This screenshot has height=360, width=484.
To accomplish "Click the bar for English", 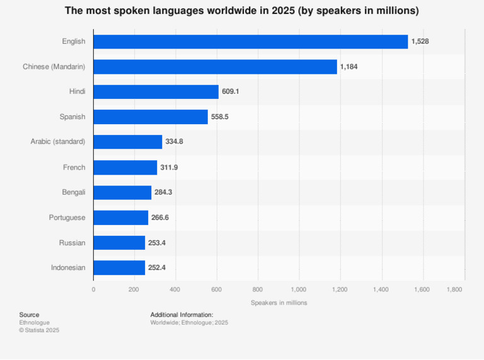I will click(x=251, y=42).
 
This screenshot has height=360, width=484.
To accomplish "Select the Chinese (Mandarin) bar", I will click(x=215, y=67).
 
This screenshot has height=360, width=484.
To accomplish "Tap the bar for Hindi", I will click(x=156, y=92).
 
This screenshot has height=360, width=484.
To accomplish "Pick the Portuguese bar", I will click(x=120, y=218).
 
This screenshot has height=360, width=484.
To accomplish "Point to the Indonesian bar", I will click(x=119, y=268).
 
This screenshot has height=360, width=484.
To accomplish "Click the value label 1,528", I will click(x=420, y=42).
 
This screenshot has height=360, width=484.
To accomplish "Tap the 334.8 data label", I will click(x=174, y=142).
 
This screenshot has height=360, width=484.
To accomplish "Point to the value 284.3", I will click(x=163, y=192).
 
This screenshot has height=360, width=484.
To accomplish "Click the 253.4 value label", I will click(x=157, y=243).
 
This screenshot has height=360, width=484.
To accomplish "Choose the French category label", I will click(x=74, y=167).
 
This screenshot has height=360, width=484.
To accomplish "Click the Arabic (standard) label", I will click(x=57, y=142).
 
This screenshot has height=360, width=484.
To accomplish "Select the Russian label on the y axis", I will click(x=72, y=243).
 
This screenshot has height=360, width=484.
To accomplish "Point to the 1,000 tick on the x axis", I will click(x=299, y=289).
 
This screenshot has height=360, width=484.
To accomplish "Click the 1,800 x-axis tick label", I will click(x=454, y=289).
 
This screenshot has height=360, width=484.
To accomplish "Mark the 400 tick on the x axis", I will click(x=175, y=289).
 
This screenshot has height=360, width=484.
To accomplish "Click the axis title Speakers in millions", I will click(x=279, y=303).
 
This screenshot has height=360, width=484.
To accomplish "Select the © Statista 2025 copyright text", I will click(x=39, y=330).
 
